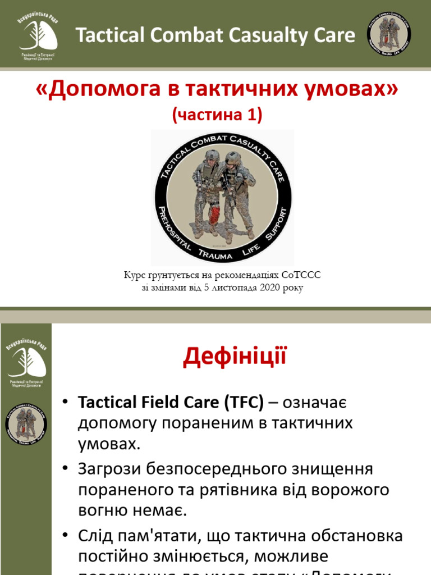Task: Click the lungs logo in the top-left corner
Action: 38,34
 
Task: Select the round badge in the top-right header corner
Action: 389,35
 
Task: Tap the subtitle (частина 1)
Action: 217,115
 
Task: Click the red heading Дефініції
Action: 235,357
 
